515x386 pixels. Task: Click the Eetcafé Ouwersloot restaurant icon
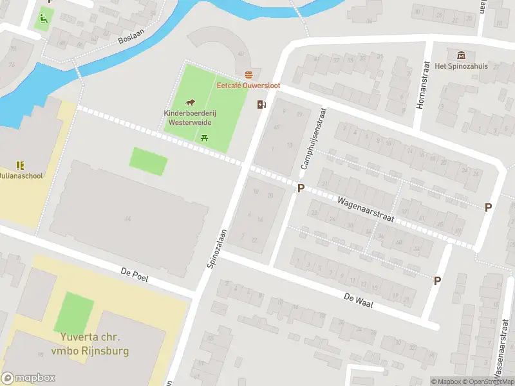click(x=248, y=75)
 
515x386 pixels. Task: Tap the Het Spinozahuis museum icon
click(x=461, y=55)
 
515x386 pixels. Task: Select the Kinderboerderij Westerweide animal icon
click(x=191, y=102)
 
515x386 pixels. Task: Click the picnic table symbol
click(x=205, y=136)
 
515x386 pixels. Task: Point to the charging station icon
click(x=261, y=105)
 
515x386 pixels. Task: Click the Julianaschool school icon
click(x=19, y=165)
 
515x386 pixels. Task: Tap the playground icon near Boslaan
click(x=43, y=18)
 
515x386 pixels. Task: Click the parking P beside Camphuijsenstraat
click(x=300, y=188)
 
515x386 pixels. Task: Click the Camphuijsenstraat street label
click(x=314, y=139)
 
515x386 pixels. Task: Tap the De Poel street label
click(x=135, y=274)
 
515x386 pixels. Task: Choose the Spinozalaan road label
click(x=217, y=250)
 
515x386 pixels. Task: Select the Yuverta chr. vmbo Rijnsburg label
click(x=90, y=344)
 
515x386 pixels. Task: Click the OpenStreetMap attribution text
click(x=487, y=381)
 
